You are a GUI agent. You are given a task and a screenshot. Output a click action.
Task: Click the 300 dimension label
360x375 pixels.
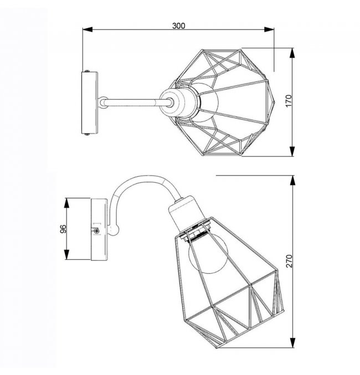179,25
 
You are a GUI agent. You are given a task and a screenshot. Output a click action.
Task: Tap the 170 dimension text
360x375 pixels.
289,101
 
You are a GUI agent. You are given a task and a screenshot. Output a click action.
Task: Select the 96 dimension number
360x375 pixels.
63,229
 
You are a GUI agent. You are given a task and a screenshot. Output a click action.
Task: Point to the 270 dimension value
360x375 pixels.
289,261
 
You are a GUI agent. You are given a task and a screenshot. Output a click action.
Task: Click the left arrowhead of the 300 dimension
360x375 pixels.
88,29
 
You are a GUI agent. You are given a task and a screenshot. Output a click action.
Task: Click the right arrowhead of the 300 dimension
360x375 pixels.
269,29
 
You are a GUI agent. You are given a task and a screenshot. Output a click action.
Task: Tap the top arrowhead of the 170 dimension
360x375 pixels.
292,53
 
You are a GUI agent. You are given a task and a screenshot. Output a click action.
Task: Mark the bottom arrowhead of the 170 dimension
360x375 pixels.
292,151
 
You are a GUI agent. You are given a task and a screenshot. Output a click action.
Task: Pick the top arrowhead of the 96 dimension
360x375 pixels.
66,203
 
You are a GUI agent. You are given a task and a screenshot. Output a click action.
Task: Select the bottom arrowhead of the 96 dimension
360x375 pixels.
66,255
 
